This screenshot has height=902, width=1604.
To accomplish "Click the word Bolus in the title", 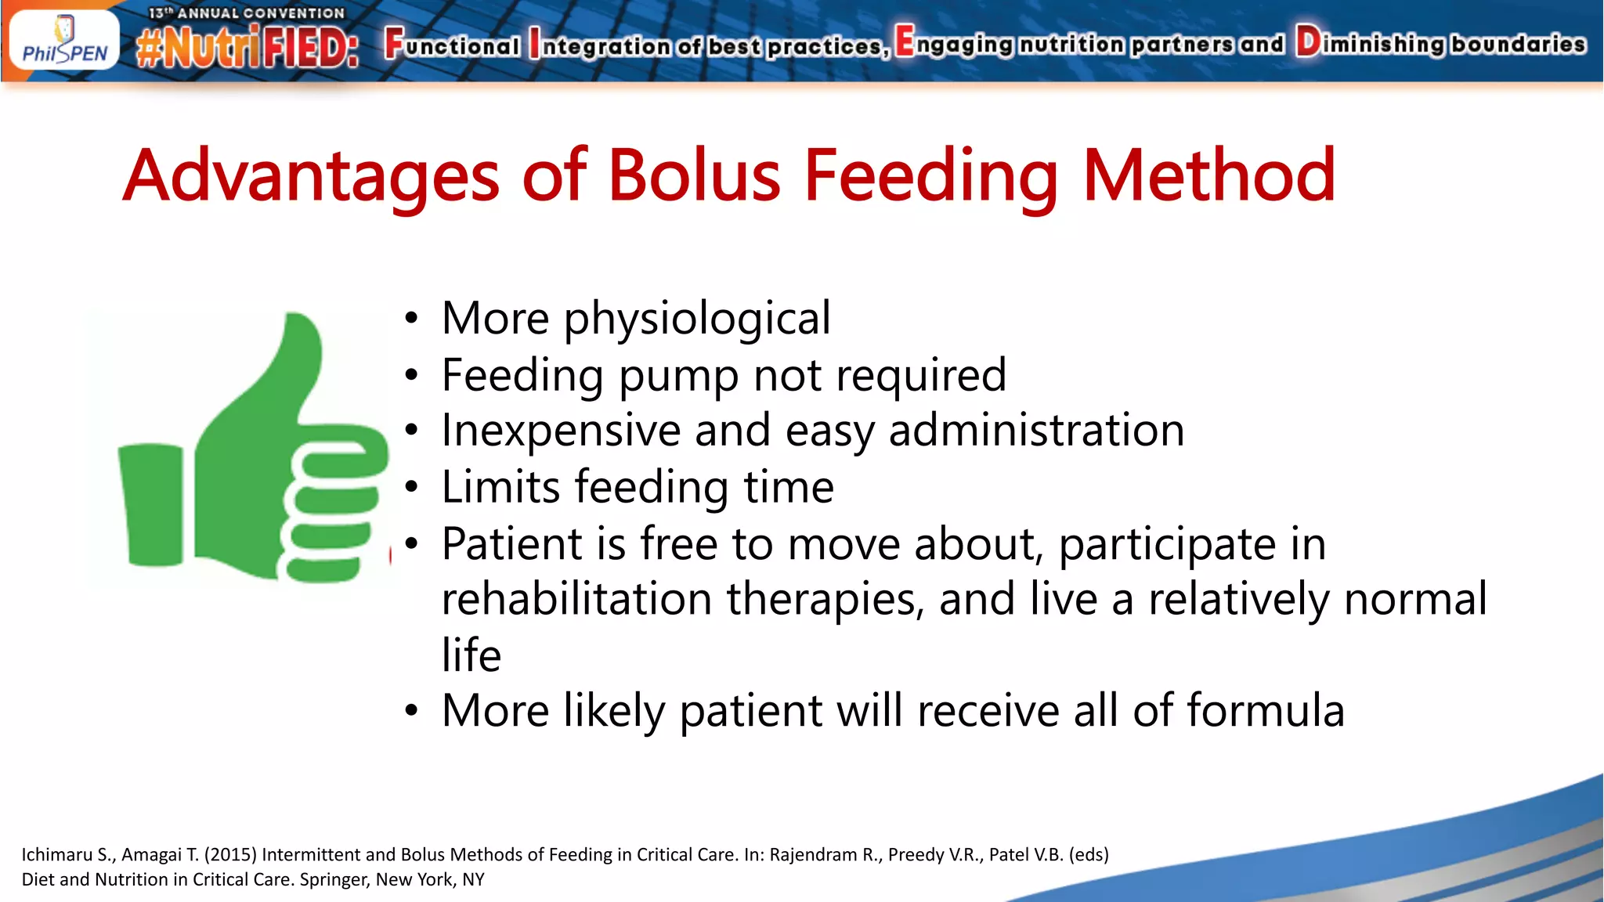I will click(694, 175).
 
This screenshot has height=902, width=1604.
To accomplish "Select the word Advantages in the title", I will click(311, 177).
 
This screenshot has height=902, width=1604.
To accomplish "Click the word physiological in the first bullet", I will click(697, 319).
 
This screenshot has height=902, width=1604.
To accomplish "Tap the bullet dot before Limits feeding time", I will click(412, 487).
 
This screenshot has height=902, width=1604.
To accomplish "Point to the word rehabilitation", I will click(576, 600).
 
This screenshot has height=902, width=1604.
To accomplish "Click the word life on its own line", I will click(471, 655).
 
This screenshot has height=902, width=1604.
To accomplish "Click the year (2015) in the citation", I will click(230, 854).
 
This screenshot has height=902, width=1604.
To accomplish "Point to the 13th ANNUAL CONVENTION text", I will click(247, 13).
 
